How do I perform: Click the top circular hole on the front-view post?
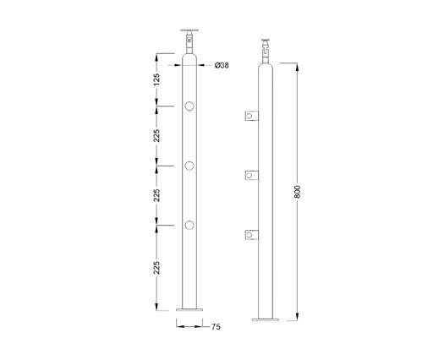click(x=189, y=106)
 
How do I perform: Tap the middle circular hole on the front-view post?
click(x=189, y=165)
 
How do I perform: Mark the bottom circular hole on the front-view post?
click(x=189, y=225)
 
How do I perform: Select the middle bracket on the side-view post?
click(x=250, y=175)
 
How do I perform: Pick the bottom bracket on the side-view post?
click(x=250, y=234)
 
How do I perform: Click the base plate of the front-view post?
click(x=189, y=313)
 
